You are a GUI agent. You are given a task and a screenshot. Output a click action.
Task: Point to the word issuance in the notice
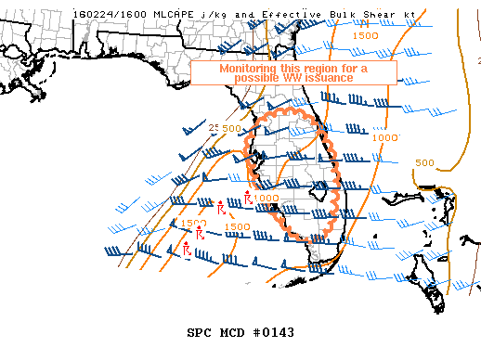point(333,79)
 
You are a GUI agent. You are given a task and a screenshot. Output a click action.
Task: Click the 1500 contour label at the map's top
point(366,35)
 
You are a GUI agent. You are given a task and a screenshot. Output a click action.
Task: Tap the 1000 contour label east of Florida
point(384,136)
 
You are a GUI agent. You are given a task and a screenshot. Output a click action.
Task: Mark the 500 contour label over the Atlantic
point(424,162)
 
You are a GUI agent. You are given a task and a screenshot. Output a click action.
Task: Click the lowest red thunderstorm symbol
point(188,249)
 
